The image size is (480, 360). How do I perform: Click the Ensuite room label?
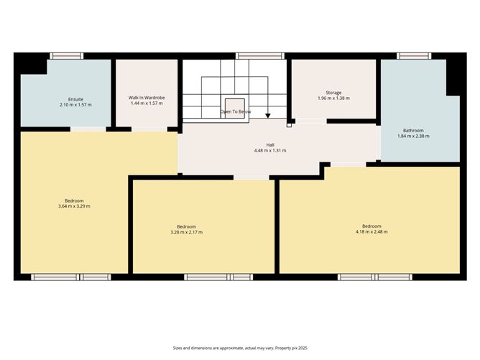pyautogui.click(x=75, y=98)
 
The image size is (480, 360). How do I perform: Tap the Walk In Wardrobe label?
pyautogui.click(x=147, y=98)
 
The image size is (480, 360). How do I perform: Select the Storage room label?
pyautogui.click(x=333, y=92)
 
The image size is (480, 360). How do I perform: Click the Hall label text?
pyautogui.click(x=270, y=144)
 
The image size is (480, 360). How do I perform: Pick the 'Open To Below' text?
pyautogui.click(x=236, y=112)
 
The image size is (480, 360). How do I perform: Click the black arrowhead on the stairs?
pyautogui.click(x=268, y=115)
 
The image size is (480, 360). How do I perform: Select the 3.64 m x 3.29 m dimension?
pyautogui.click(x=74, y=206)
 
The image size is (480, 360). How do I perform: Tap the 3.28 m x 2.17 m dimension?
pyautogui.click(x=186, y=232)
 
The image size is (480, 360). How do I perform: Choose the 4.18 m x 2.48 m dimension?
pyautogui.click(x=371, y=231)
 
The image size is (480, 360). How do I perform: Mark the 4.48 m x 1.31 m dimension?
pyautogui.click(x=270, y=150)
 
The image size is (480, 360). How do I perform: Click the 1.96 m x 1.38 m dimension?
pyautogui.click(x=333, y=98)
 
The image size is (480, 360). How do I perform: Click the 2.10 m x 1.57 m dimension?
pyautogui.click(x=75, y=104)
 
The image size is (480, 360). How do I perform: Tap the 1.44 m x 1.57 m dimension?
pyautogui.click(x=147, y=103)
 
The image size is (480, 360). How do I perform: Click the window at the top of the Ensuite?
pyautogui.click(x=66, y=55)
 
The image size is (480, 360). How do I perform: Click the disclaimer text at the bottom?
pyautogui.click(x=239, y=348)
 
